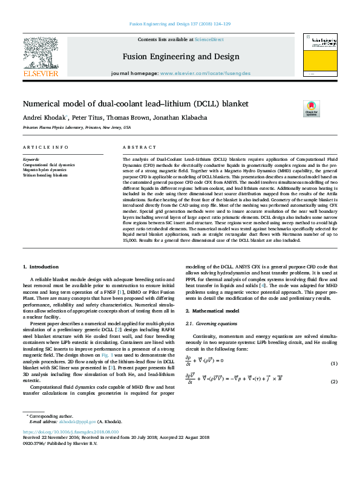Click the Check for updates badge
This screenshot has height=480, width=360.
coord(327,109)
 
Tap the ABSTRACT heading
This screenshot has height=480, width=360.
coord(140,148)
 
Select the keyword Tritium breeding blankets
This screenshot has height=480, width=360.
coord(45,175)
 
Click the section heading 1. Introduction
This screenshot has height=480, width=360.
coord(42,267)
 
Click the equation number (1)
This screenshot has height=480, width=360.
coord(333,363)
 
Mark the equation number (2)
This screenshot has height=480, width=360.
coord(333,382)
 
